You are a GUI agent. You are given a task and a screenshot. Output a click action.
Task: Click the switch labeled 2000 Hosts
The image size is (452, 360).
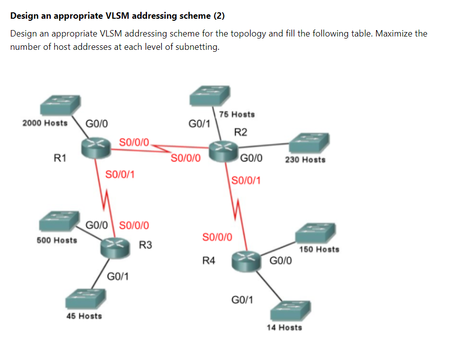60,105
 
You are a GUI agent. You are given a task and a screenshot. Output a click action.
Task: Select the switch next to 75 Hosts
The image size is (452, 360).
210,95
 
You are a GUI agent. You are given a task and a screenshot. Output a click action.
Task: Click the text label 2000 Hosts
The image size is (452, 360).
45,123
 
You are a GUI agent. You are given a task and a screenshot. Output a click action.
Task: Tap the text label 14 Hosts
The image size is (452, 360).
284,327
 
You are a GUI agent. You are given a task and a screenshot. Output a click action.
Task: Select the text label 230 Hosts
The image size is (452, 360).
305,159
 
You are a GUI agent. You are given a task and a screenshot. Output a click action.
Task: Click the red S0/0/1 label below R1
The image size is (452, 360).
121,174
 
